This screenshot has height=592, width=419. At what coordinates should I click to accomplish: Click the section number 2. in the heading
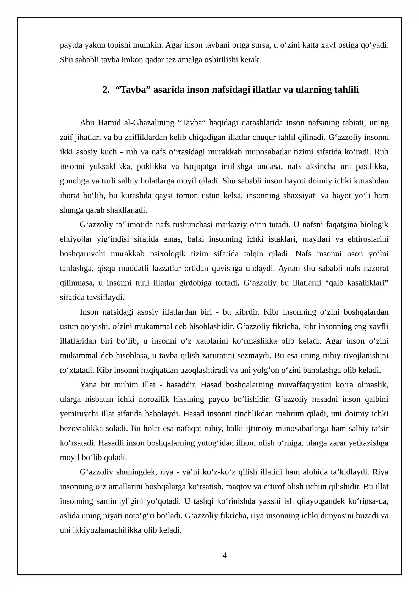pos(106,90)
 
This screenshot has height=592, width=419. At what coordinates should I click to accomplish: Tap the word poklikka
pos(152,166)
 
